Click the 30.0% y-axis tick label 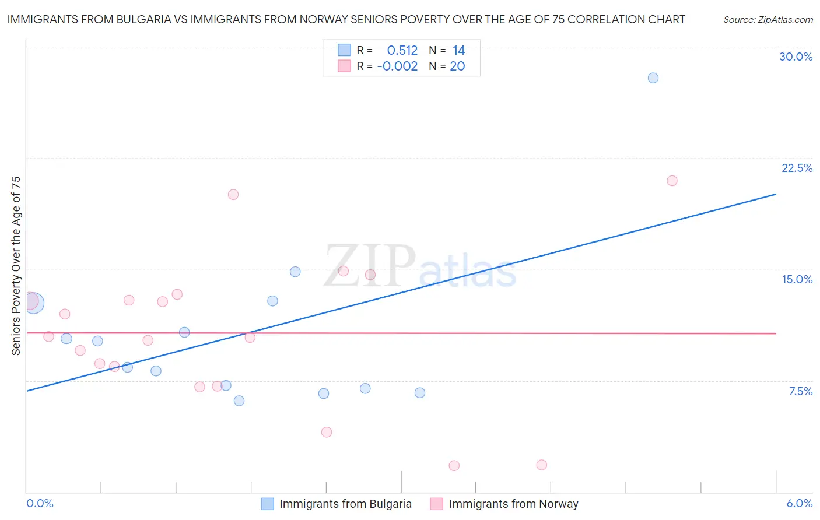point(796,57)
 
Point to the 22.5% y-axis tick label point(797,168)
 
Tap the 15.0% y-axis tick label point(797,279)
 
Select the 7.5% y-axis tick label point(800,391)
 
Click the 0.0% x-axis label point(40,503)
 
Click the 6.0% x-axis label point(799,503)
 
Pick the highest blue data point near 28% point(653,78)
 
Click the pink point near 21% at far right point(672,181)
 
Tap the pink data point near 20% point(233,195)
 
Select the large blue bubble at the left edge point(33,303)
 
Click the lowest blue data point point(239,400)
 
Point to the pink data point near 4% point(327,432)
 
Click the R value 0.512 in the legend point(402,51)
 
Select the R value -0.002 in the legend point(397,66)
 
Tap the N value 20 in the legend point(457,66)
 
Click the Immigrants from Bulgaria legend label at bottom point(345,504)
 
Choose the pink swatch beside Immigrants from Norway point(436,504)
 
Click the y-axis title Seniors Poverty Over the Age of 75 point(16,265)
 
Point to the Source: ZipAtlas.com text point(768,20)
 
